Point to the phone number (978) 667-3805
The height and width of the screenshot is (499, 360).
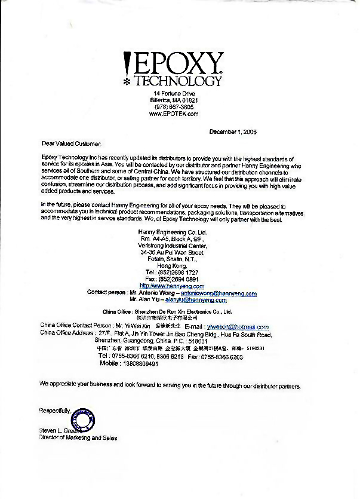[173, 106]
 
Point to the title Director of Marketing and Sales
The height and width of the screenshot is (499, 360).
[78, 438]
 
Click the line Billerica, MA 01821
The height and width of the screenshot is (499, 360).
[173, 100]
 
